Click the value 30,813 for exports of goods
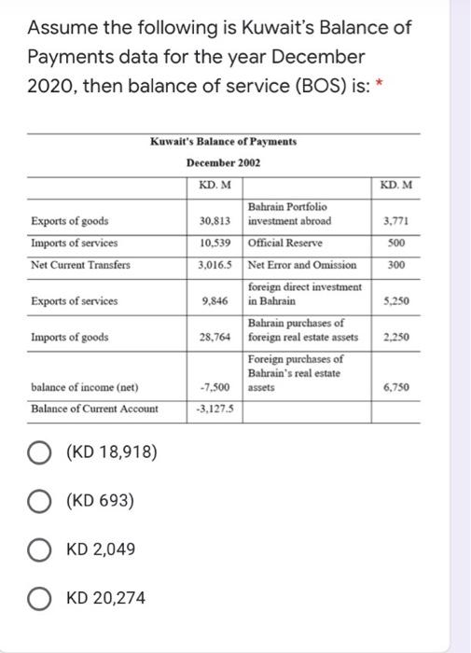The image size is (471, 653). (215, 221)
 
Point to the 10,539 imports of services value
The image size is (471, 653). (215, 243)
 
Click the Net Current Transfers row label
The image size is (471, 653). (81, 265)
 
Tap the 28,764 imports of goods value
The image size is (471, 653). (215, 337)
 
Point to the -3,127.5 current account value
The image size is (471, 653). (215, 409)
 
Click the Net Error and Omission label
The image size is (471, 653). (303, 265)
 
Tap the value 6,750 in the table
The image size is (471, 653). (397, 387)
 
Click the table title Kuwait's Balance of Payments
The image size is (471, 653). (223, 142)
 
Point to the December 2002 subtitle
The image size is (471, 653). (223, 162)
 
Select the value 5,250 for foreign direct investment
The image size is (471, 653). (397, 301)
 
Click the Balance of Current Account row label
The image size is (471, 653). (94, 409)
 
